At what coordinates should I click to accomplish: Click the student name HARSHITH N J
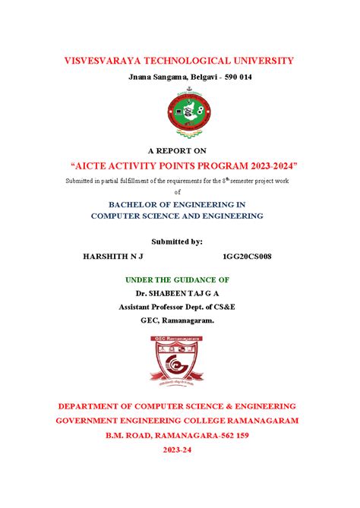[112, 257]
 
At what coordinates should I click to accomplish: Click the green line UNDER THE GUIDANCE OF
[177, 279]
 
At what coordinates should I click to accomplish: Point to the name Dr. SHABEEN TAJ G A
[177, 292]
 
